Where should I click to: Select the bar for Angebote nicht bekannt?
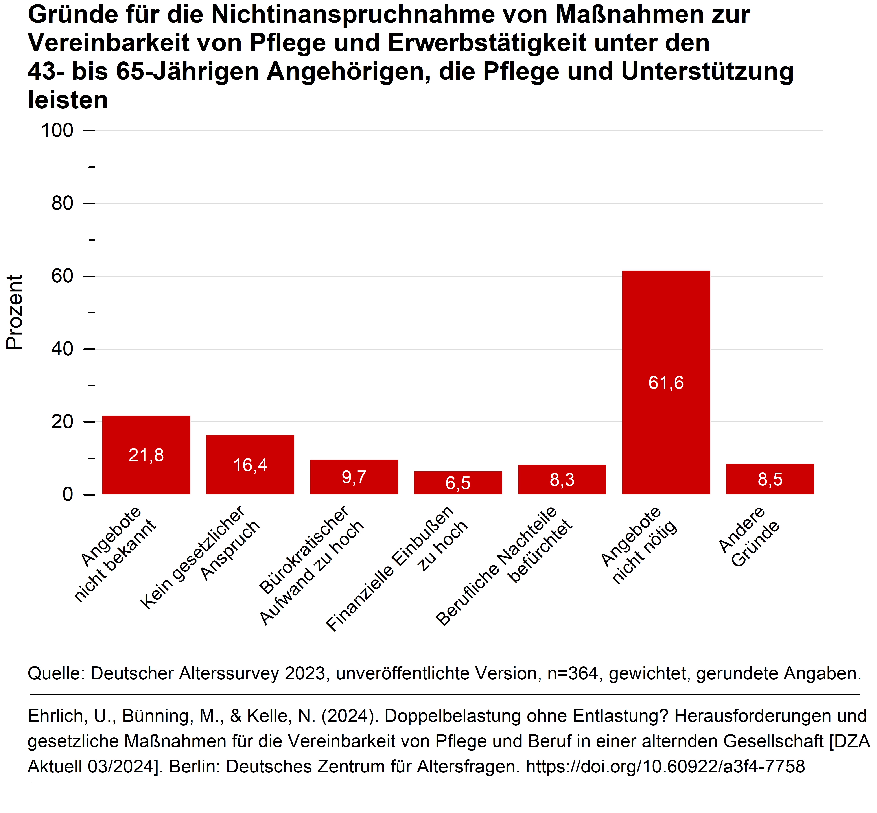click(x=146, y=435)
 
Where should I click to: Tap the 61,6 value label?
click(x=666, y=383)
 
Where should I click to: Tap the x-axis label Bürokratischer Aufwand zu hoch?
click(x=312, y=565)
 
